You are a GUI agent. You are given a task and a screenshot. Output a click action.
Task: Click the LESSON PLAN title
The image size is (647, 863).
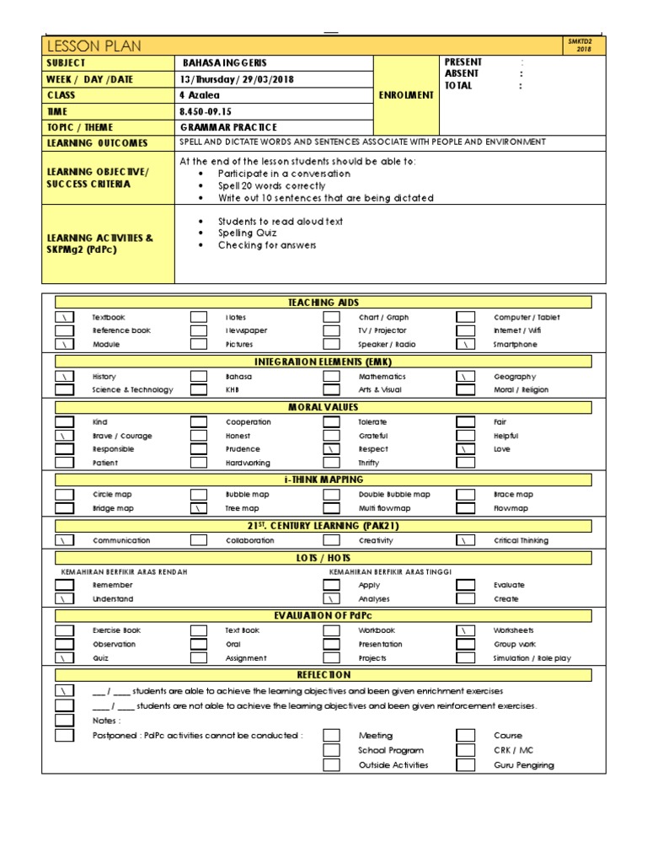[94, 46]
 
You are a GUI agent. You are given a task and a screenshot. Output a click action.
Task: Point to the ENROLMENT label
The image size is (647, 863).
[407, 96]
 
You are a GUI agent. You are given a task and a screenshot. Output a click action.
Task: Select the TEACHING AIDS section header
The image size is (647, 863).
[323, 302]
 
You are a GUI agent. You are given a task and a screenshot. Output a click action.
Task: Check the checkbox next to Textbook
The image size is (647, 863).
[64, 318]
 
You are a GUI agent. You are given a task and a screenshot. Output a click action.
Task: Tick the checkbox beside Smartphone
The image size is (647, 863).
[465, 345]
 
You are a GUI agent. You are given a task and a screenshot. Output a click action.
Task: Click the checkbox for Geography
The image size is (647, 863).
[465, 377]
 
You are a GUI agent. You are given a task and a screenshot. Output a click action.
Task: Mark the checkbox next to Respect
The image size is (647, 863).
[332, 449]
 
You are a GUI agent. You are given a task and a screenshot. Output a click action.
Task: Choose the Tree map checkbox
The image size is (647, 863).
[198, 509]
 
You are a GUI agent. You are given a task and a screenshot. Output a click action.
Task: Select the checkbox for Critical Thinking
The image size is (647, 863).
[465, 540]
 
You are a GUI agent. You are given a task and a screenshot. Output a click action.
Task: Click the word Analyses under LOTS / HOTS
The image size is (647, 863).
[373, 599]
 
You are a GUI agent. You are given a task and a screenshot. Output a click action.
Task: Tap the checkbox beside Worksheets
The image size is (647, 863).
[465, 630]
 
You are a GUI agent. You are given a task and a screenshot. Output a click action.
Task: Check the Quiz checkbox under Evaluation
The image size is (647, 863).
[64, 658]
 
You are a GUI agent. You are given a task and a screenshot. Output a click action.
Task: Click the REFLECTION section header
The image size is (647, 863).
[323, 675]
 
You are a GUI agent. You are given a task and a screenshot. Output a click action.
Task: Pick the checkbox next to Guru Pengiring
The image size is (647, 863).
[465, 765]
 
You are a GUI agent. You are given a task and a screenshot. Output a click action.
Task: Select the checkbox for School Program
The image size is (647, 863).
[332, 750]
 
